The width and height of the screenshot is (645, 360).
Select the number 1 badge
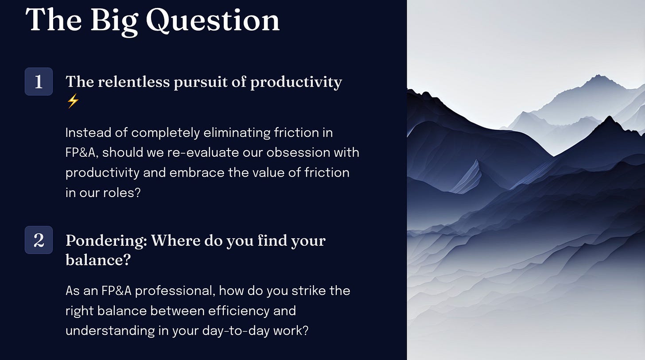click(39, 81)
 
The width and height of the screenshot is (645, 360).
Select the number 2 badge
click(39, 240)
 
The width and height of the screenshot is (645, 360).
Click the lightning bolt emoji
click(73, 101)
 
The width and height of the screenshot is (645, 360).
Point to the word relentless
click(134, 81)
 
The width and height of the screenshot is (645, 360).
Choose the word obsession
click(298, 152)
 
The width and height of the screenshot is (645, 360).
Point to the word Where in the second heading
click(175, 240)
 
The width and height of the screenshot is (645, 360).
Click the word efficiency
click(239, 311)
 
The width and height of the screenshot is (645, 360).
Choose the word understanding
click(110, 331)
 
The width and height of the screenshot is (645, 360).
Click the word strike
click(309, 290)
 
